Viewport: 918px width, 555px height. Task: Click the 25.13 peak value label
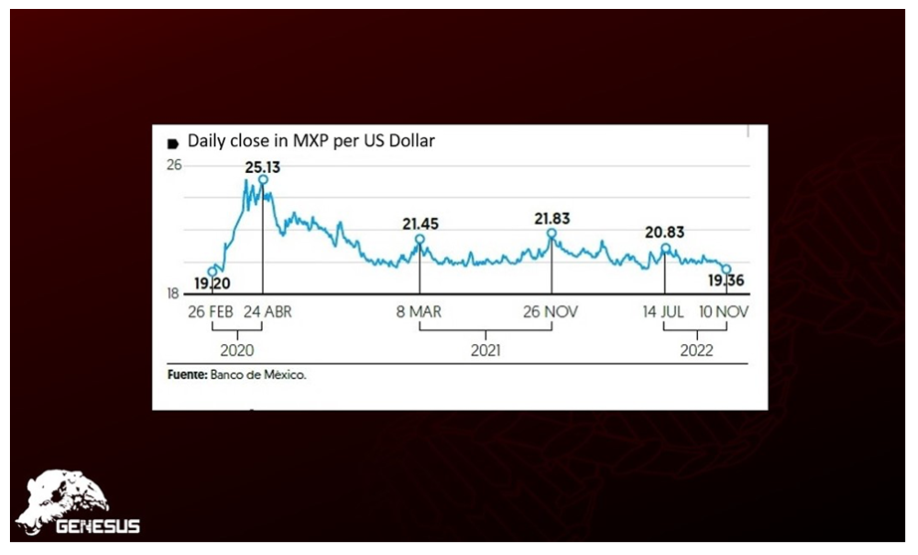click(263, 167)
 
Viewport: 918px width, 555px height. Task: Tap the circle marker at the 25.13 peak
click(263, 180)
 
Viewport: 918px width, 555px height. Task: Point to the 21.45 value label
click(419, 224)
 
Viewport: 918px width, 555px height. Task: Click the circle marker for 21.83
click(551, 233)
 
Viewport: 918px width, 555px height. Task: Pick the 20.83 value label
click(664, 232)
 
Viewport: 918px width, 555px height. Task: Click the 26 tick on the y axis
click(173, 165)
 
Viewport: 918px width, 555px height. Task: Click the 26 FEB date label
click(210, 311)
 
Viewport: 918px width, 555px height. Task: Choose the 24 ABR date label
click(266, 311)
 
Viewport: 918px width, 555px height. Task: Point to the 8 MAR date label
click(419, 311)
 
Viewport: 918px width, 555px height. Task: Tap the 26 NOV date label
click(551, 311)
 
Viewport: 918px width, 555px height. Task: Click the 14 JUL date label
click(663, 311)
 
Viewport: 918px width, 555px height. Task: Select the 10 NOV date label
click(723, 311)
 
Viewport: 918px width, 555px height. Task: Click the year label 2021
click(485, 350)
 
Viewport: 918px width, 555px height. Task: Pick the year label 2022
click(695, 350)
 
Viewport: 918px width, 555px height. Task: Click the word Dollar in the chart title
click(411, 141)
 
